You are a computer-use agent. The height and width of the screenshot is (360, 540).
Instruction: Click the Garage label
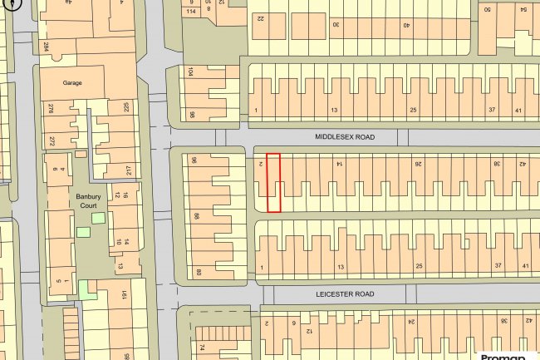[73, 83]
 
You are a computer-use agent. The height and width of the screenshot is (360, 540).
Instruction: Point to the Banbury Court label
[88, 200]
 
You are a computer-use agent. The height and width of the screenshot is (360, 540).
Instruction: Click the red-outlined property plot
[272, 182]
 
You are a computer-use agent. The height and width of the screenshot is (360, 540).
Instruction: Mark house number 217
[129, 170]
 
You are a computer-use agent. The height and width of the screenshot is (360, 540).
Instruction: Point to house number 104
[190, 73]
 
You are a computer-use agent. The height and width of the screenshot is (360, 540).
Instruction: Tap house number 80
[199, 271]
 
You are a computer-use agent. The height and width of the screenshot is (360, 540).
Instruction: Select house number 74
[202, 348]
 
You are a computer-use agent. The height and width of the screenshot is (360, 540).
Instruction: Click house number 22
[260, 17]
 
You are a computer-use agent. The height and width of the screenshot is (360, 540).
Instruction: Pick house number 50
[488, 9]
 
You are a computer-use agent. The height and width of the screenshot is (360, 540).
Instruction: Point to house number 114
[191, 12]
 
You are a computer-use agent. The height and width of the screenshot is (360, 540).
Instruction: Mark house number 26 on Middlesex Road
[418, 165]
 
